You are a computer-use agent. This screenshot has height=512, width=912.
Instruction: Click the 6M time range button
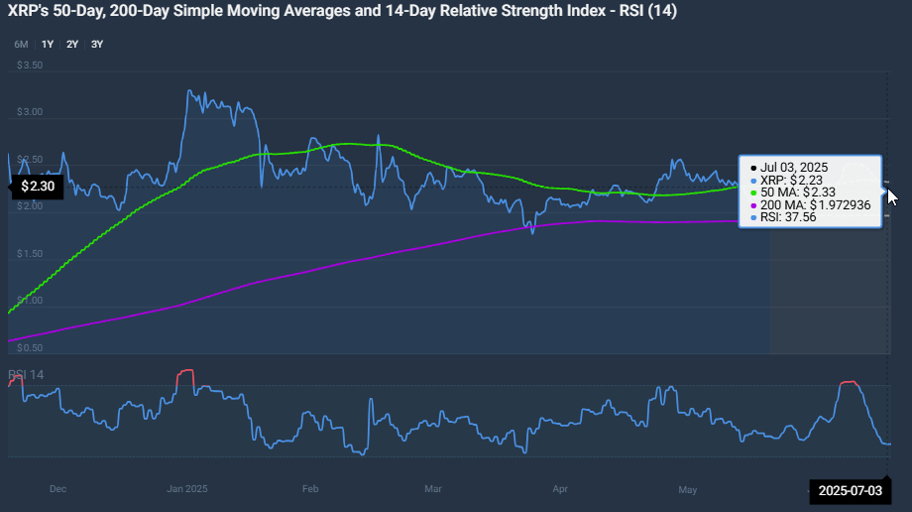21,45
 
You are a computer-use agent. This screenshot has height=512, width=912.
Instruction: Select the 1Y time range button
48,45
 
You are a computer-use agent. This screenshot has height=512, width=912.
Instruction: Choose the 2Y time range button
72,45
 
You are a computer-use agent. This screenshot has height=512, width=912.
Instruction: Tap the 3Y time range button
96,45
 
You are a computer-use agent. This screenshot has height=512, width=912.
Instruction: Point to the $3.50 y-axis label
30,65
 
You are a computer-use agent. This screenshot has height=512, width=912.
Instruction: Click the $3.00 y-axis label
30,112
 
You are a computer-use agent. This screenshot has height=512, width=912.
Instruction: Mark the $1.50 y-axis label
30,254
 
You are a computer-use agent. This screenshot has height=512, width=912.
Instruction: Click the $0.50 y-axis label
30,348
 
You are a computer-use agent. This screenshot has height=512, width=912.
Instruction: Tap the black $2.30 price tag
37,186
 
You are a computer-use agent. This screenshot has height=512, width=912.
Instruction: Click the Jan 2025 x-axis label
187,489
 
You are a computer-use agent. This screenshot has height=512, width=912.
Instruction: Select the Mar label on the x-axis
432,489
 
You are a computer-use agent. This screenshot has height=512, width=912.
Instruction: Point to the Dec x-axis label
57,489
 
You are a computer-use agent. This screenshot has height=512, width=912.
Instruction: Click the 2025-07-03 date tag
849,491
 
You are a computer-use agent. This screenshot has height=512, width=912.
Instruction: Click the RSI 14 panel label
27,374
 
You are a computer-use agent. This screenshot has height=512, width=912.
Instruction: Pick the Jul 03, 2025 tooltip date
795,167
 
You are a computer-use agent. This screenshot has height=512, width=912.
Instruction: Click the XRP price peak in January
189,91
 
